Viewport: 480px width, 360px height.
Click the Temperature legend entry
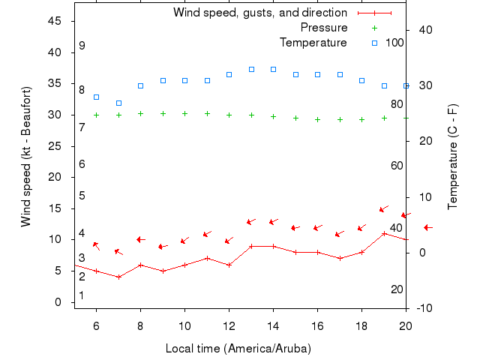313,42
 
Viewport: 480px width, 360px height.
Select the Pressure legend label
323,27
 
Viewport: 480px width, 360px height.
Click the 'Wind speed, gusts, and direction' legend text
259,13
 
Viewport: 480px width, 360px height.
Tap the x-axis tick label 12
229,325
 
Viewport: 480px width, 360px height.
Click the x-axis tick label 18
361,325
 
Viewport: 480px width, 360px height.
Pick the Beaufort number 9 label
82,46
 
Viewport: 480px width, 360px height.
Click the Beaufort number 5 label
82,196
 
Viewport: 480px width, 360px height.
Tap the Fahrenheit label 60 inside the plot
397,165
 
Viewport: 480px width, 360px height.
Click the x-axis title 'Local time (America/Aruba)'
238,349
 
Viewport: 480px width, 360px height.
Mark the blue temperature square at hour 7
118,103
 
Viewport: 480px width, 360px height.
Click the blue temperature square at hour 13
251,69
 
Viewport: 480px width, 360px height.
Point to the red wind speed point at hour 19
384,233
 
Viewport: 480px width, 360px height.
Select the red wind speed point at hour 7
118,277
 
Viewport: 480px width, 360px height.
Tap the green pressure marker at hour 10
184,113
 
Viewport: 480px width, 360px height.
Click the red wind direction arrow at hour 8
140,239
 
